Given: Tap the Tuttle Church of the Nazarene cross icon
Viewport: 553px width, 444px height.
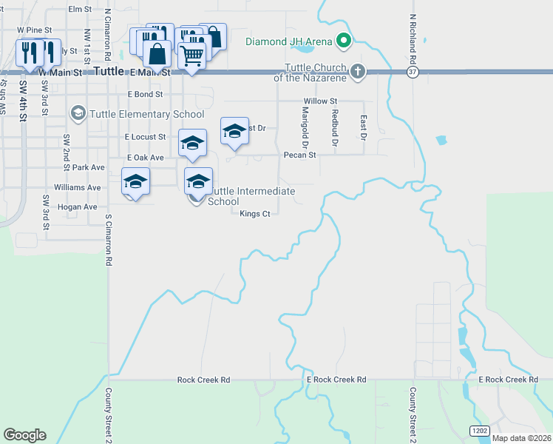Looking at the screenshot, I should coord(358,71).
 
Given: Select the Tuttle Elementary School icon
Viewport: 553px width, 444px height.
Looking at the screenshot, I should coord(78,113).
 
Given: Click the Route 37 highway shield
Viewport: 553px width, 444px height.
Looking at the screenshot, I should coord(412,72).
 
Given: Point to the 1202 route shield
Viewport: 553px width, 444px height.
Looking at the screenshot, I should coord(478,430).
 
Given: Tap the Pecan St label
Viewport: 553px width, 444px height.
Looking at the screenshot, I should coord(299,155).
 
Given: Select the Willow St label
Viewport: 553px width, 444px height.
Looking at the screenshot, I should coord(320,101).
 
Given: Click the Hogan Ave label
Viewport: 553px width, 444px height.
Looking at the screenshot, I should coord(77,207).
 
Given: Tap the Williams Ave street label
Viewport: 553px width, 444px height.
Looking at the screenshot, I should coord(77,188).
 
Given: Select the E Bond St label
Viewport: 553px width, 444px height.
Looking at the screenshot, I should coord(145,95).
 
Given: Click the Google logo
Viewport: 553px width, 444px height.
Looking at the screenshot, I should coord(24,435).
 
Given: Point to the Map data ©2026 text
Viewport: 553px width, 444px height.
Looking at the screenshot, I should coord(521,437).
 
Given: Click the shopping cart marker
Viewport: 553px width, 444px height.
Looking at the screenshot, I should coord(192,55).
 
